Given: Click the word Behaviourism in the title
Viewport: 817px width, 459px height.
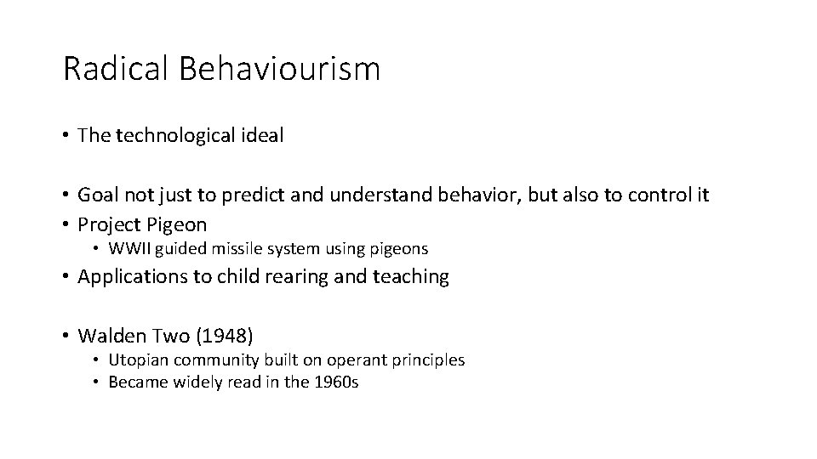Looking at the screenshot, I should click(279, 69).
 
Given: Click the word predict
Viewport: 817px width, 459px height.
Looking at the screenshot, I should click(246, 195).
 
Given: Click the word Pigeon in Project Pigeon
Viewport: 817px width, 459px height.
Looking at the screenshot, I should click(176, 225).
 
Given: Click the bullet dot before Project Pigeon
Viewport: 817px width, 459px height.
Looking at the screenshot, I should click(66, 225).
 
